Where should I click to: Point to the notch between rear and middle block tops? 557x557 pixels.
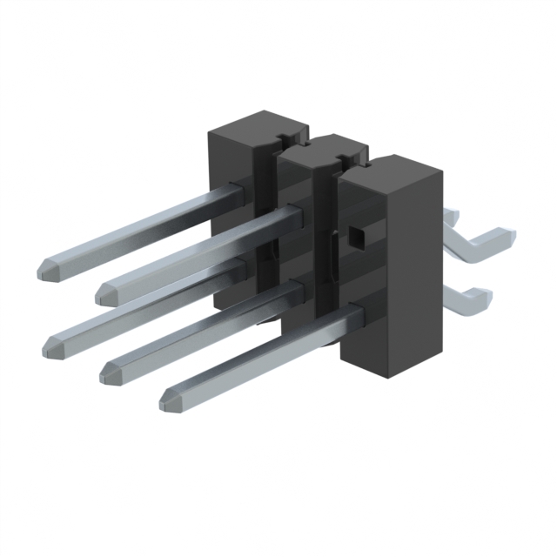click(x=280, y=137)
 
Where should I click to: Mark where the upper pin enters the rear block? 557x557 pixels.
click(x=236, y=189)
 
